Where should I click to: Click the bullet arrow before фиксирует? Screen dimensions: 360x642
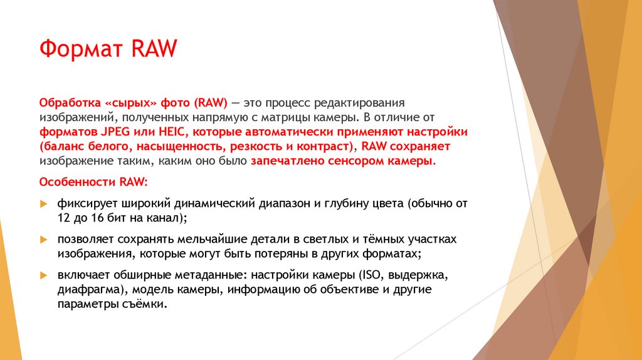(43, 204)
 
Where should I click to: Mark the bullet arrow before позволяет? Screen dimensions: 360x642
(43, 240)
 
